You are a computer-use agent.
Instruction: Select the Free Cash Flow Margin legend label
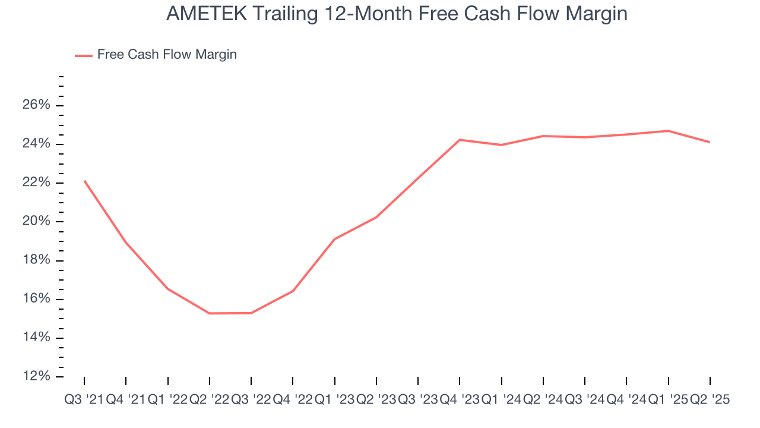tap(167, 55)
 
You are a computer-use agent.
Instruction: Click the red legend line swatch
tap(84, 55)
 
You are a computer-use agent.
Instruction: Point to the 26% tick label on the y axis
tap(36, 105)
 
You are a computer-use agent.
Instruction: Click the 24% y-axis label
tap(36, 144)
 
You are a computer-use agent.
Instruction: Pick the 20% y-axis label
tap(36, 222)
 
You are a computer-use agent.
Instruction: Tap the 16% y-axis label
tap(36, 299)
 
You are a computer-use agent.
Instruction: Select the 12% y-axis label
tap(36, 377)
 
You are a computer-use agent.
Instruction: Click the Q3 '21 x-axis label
tap(84, 400)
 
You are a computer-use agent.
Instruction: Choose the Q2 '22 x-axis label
tap(209, 400)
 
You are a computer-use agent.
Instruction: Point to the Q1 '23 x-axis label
tap(334, 400)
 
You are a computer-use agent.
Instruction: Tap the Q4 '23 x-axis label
tap(460, 400)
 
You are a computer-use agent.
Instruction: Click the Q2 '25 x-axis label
tap(710, 400)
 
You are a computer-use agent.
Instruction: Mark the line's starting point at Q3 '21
tap(84, 181)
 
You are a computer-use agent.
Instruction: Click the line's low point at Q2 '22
tap(210, 313)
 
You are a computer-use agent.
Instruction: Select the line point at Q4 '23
tap(460, 140)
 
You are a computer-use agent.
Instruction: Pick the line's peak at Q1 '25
tap(669, 131)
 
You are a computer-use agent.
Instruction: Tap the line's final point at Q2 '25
tap(710, 142)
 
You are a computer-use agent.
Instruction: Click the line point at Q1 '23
tap(335, 239)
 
